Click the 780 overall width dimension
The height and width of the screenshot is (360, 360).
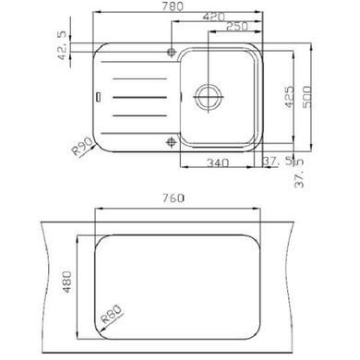[x=174, y=6]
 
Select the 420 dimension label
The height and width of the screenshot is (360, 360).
[x=214, y=17]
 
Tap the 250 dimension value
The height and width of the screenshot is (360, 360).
[x=237, y=27]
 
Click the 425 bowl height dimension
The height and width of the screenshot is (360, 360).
[x=289, y=97]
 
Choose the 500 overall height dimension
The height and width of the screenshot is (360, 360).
[x=307, y=97]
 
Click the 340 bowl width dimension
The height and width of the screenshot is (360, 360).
[x=218, y=162]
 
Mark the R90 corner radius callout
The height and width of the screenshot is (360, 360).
[x=82, y=146]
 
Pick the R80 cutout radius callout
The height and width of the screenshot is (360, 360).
[x=112, y=313]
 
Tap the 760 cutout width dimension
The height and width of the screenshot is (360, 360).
[x=174, y=198]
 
